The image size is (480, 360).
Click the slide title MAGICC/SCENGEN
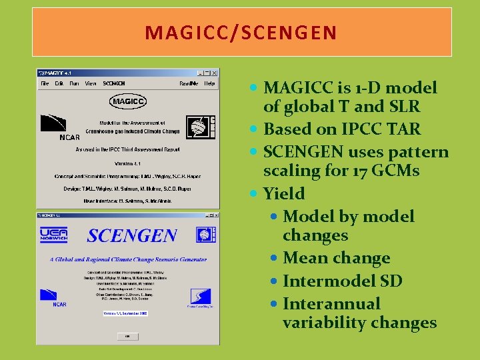point(241,33)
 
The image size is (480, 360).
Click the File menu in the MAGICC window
point(45,84)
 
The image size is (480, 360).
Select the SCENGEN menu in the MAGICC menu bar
point(113,84)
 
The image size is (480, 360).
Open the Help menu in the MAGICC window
point(209,84)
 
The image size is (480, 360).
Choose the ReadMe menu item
point(188,84)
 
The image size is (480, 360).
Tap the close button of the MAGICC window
point(215,73)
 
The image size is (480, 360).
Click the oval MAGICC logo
point(127,101)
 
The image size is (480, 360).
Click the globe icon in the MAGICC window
point(198,126)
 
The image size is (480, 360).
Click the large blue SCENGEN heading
point(131,235)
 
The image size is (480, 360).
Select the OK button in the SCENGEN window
point(127,336)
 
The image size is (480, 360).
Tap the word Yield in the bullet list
point(284,194)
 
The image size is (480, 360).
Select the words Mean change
point(336,258)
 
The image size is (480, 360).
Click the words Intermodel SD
point(342,281)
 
